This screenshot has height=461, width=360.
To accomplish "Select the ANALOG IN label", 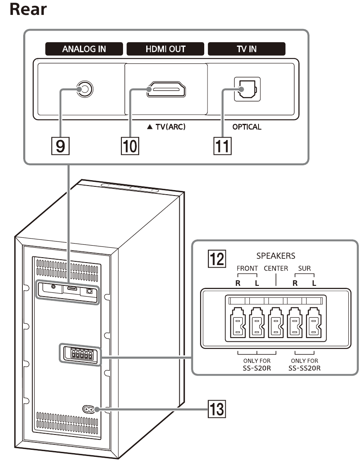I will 84,49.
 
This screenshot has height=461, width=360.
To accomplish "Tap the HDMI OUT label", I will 165,49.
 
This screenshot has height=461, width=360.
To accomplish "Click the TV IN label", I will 246,49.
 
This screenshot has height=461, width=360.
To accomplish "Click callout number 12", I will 216,260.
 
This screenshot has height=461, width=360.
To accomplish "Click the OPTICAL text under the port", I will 247,127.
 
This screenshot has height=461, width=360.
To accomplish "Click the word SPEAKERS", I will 275,256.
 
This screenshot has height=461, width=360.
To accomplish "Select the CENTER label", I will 276,268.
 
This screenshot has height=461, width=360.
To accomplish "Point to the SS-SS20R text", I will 305,367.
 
